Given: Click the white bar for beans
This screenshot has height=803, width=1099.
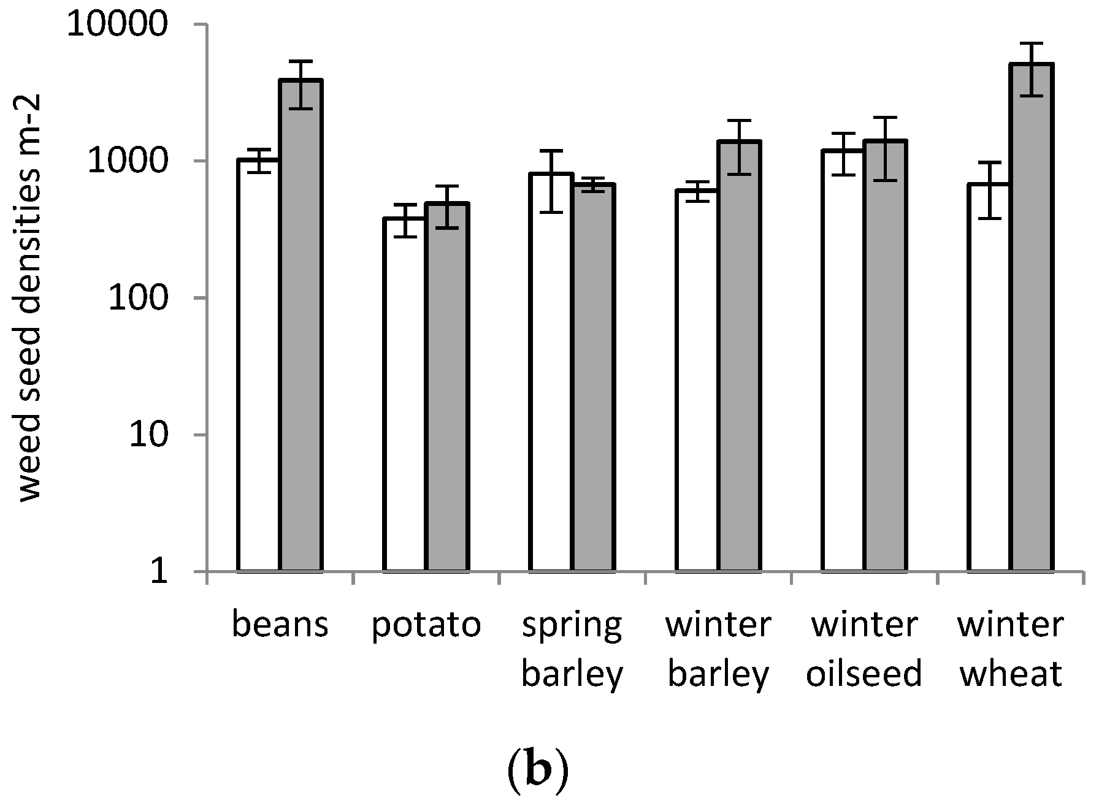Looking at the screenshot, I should (259, 368).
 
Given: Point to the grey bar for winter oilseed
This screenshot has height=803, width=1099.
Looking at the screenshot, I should (886, 356).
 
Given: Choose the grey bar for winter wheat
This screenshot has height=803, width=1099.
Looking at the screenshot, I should (1032, 319).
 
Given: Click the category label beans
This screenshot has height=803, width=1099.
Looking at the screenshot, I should (280, 625).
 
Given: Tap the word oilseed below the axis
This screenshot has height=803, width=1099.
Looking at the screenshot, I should (864, 673).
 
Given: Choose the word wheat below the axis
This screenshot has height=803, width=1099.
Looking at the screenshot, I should (1010, 673).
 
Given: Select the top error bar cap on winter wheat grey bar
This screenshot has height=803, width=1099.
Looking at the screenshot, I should (1032, 44).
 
